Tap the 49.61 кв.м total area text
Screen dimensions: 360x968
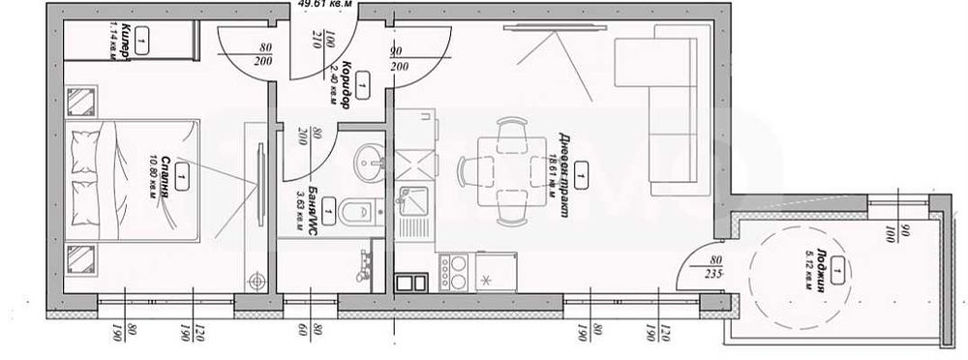point(321,5)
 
